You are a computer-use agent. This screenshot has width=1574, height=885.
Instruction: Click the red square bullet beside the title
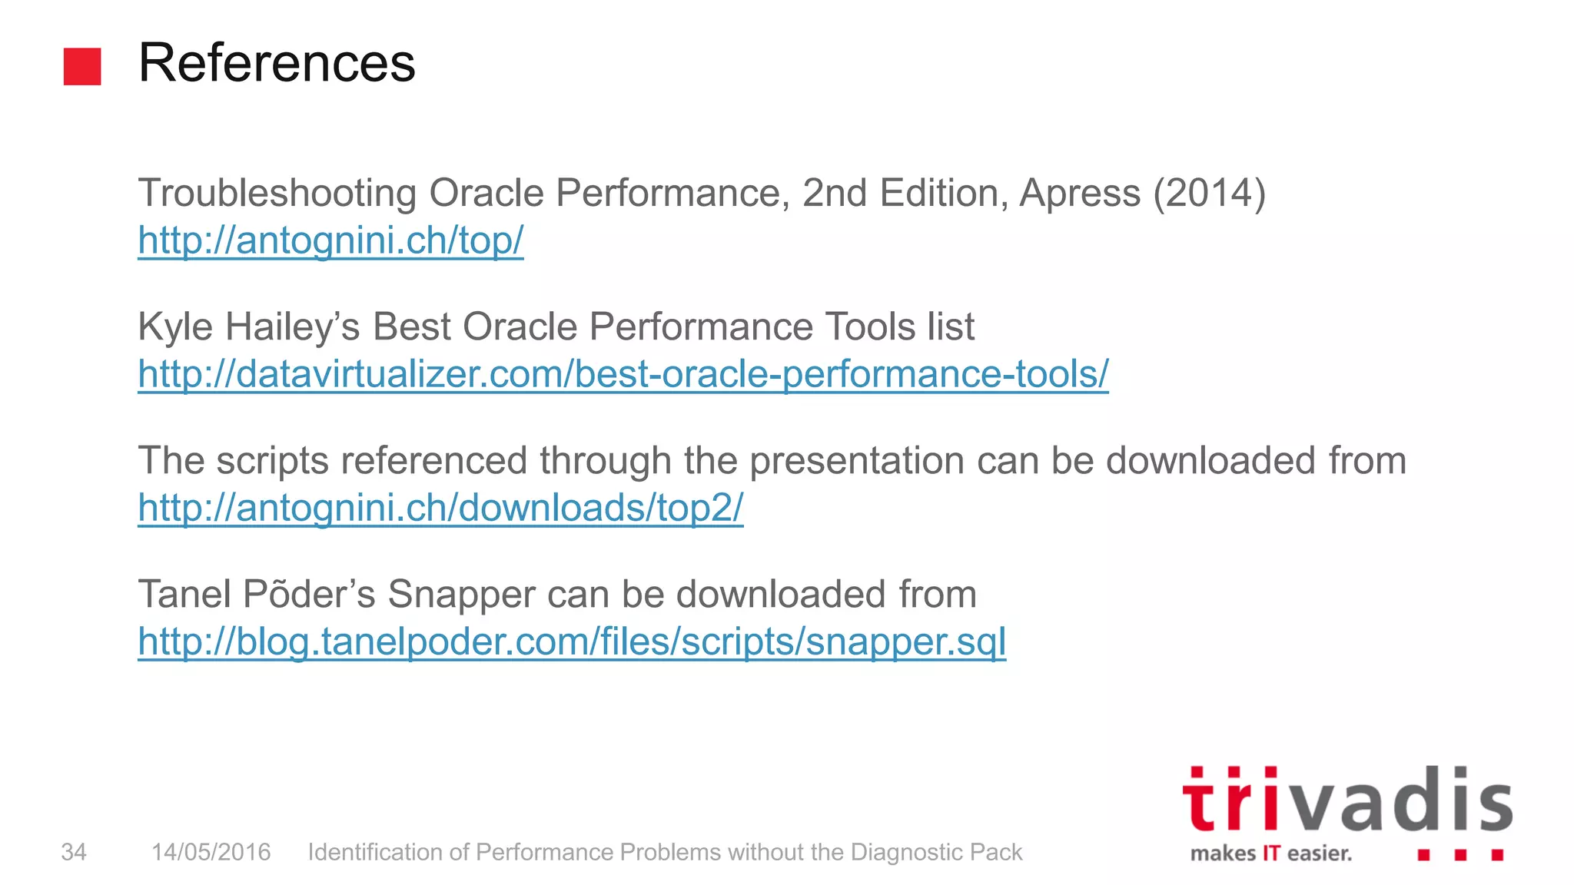point(82,66)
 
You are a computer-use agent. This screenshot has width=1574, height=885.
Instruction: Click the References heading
point(277,63)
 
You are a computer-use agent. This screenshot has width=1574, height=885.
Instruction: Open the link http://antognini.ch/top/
point(330,240)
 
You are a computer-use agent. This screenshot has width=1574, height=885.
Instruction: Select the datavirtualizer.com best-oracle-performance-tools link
point(623,374)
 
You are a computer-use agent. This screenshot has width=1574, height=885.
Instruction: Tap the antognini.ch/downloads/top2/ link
point(440,508)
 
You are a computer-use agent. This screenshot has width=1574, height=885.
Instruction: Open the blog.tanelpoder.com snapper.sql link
point(572,641)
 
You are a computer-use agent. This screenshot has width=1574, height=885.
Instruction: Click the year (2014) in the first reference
point(1208,193)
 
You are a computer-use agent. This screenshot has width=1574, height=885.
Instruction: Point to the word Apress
point(1079,193)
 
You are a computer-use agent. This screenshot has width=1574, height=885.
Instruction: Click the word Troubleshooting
point(277,193)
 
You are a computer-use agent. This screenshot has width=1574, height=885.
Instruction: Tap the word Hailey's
point(292,326)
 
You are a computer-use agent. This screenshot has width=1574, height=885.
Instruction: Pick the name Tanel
point(184,595)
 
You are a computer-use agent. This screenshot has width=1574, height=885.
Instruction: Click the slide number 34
point(74,852)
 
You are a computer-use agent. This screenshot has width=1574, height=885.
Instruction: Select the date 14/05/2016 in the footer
point(211,852)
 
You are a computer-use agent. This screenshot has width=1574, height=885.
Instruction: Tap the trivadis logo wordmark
point(1347,800)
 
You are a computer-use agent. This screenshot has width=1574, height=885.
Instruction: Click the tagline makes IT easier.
point(1270,854)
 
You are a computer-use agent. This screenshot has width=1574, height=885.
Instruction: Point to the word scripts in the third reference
point(272,461)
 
